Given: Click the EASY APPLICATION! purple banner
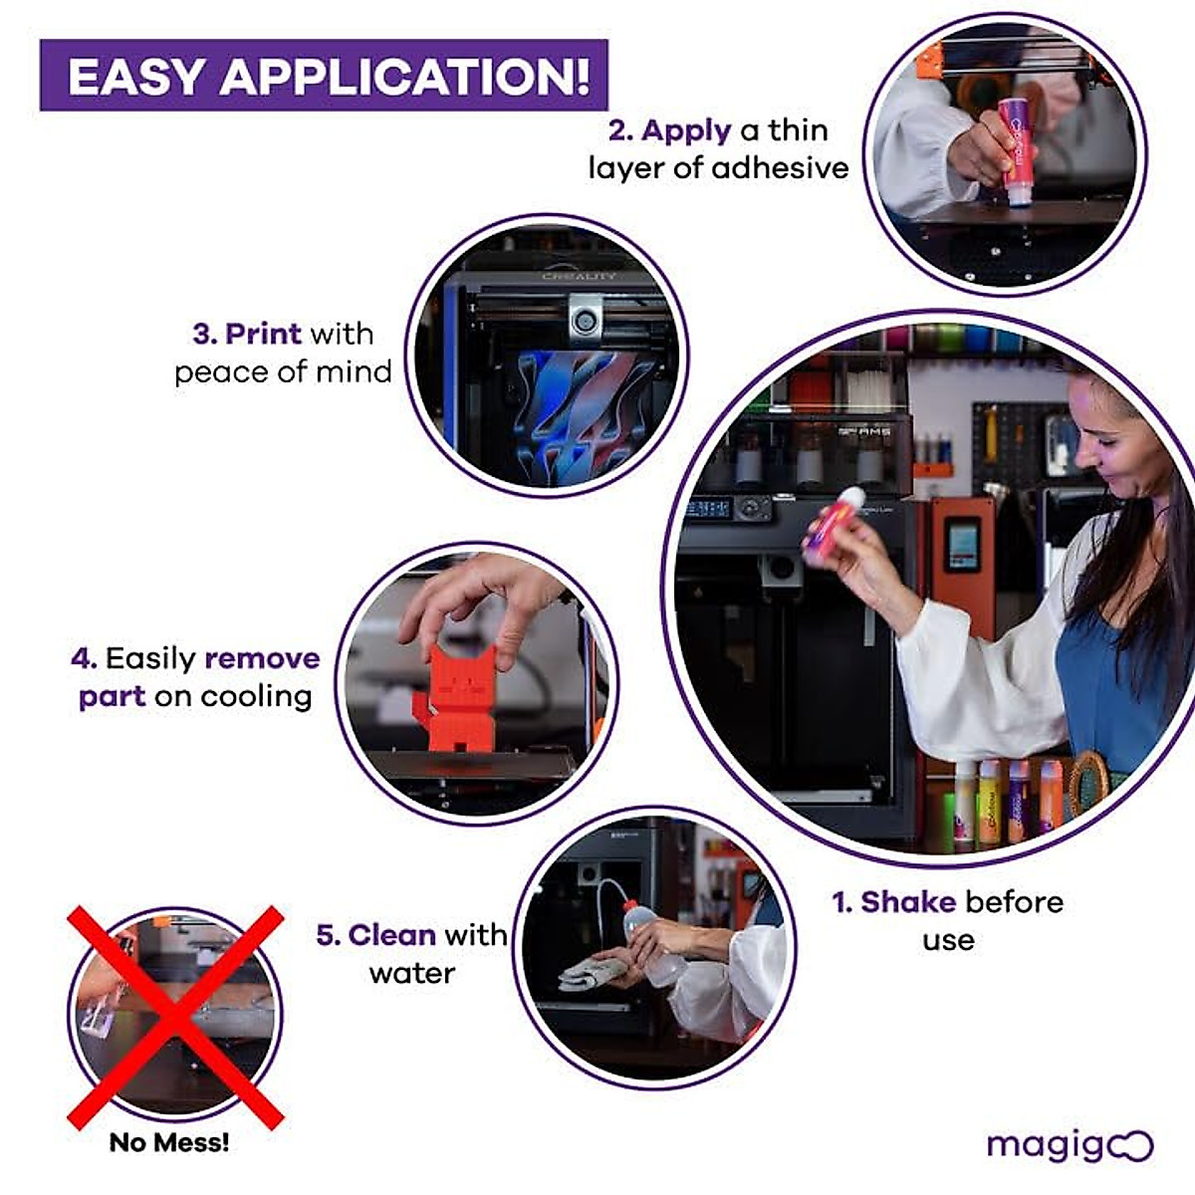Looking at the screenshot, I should [324, 76].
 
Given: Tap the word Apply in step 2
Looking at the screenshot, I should [686, 130].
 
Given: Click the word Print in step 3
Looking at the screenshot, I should [263, 334].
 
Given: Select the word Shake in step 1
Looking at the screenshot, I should [907, 902].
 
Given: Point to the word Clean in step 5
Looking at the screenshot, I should [391, 935].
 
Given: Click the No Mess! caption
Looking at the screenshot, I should [169, 1142].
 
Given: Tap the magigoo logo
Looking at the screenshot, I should [1069, 1145].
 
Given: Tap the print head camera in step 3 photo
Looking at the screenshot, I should [585, 321].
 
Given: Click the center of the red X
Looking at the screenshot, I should [175, 1017].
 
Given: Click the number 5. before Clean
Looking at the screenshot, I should [329, 935].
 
